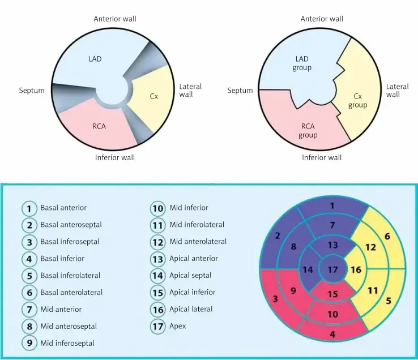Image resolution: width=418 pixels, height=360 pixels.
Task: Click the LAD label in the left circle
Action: [x=95, y=59]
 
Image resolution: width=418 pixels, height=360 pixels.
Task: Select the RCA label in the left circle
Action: [x=99, y=126]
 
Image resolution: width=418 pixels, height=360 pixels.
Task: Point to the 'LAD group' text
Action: [x=302, y=63]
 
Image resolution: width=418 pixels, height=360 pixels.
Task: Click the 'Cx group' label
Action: [x=357, y=101]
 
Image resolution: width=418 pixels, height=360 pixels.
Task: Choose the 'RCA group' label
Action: [x=308, y=131]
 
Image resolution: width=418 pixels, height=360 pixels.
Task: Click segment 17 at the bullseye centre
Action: [x=332, y=269]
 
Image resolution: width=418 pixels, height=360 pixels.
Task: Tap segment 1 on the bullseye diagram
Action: [x=332, y=206]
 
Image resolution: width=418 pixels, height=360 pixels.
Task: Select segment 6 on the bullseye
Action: [x=387, y=236]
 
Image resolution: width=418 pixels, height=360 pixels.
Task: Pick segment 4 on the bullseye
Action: [x=332, y=334]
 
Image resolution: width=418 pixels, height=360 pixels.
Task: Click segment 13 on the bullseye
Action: [x=332, y=245]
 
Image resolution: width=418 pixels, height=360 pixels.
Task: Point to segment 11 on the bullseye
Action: [x=372, y=290]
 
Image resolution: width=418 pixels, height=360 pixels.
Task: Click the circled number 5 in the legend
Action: [x=30, y=276]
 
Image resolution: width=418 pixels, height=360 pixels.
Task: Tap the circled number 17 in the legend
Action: [x=158, y=326]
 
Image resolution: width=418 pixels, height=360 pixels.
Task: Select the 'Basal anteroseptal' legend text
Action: [x=71, y=225]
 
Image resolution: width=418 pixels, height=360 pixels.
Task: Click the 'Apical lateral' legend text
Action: [x=191, y=309]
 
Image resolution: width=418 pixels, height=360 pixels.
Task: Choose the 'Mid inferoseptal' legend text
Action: [x=67, y=343]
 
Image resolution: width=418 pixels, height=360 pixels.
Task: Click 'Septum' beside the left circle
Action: [x=32, y=91]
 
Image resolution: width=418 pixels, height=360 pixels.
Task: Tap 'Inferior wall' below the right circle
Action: [x=322, y=157]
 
